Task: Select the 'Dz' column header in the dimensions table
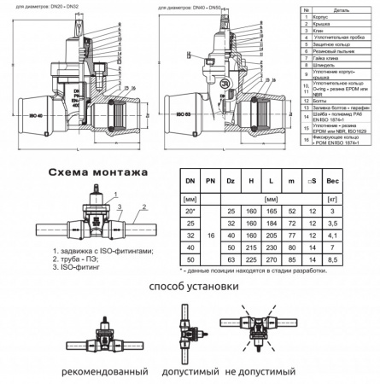pyautogui.click(x=230, y=181)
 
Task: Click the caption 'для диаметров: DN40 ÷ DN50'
pyautogui.click(x=197, y=5)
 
